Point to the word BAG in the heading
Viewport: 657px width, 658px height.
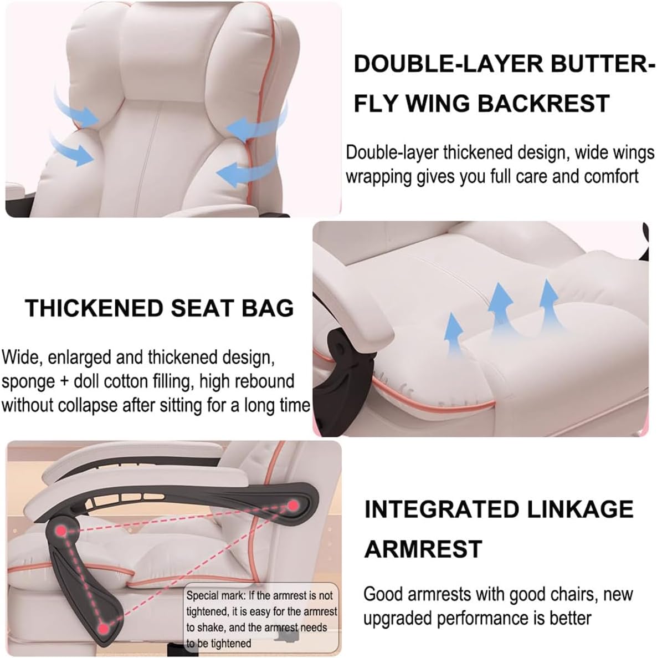click(x=270, y=308)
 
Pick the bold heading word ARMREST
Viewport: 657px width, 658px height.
click(x=423, y=549)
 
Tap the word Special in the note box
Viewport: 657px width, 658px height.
click(x=202, y=596)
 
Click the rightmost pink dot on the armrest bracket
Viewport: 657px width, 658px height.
click(x=292, y=505)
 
